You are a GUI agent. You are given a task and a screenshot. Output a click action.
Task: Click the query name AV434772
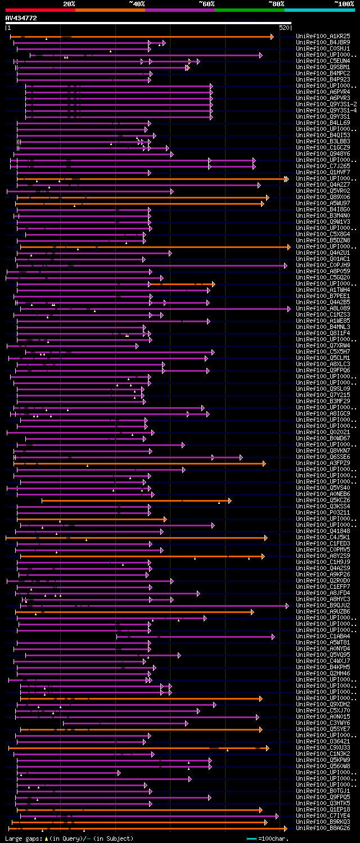[21, 18]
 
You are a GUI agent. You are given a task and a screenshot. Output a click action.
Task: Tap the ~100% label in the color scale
[344, 3]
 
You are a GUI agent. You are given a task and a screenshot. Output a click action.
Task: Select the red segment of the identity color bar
[40, 10]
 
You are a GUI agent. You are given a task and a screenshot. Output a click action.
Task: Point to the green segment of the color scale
[249, 10]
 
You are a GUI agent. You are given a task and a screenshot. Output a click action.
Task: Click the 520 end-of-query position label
[284, 28]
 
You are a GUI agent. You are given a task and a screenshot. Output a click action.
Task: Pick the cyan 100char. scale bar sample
[251, 839]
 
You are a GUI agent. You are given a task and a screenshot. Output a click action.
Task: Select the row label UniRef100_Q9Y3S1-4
[325, 110]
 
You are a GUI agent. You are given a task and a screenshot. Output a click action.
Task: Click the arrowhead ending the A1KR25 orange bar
[272, 37]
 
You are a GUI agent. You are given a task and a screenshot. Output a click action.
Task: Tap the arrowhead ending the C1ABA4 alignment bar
[273, 637]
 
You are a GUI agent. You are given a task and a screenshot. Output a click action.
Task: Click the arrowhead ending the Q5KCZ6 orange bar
[230, 501]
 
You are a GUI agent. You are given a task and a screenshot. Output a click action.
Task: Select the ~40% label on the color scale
[137, 3]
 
